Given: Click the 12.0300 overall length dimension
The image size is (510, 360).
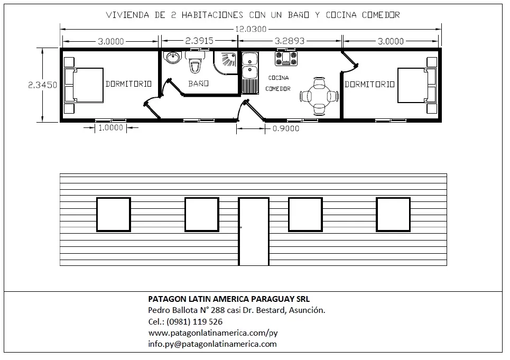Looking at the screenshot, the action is point(251,29).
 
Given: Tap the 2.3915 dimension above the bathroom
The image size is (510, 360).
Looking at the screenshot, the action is point(199,41).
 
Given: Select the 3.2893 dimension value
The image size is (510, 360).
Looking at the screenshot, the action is point(290,41).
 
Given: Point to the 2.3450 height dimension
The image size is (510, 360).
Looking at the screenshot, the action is point(43,85).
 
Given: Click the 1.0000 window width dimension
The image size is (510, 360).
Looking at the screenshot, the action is point(110,127).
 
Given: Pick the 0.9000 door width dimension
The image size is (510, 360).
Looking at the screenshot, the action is point(286,128).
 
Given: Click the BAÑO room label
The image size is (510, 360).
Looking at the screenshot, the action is point(198,84).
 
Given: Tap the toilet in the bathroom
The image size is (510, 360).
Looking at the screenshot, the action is point(195,62).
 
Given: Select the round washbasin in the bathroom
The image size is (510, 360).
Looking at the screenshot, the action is point(173,58).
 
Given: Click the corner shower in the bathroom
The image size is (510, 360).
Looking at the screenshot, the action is point(225,62).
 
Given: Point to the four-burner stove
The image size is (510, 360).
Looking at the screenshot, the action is point(286,58).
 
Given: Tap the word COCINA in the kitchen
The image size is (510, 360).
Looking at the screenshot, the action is point(279,78).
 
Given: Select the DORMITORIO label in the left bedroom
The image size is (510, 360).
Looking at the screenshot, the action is point(128,84).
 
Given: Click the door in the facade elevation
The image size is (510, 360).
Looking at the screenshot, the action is point(254,231).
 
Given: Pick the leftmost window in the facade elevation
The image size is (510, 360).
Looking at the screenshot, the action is point(114,215).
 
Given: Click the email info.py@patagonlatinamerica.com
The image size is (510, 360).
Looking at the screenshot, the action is point(212,344).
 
